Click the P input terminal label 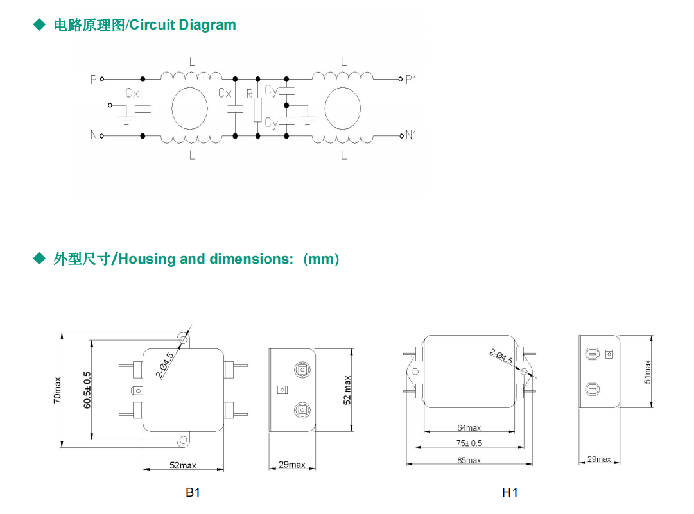[94, 79]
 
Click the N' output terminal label [411, 135]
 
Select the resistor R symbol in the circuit [257, 110]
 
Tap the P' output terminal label [411, 79]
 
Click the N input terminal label [94, 135]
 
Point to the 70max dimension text [58, 390]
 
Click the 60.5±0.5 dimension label [87, 390]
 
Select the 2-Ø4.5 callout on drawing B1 [164, 365]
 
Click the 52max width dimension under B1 [183, 465]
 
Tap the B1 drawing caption [193, 492]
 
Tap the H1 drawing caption [510, 492]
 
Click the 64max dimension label [469, 428]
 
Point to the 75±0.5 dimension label [469, 443]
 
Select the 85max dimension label [469, 460]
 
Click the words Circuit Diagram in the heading [183, 25]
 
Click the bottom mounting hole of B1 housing [184, 440]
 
